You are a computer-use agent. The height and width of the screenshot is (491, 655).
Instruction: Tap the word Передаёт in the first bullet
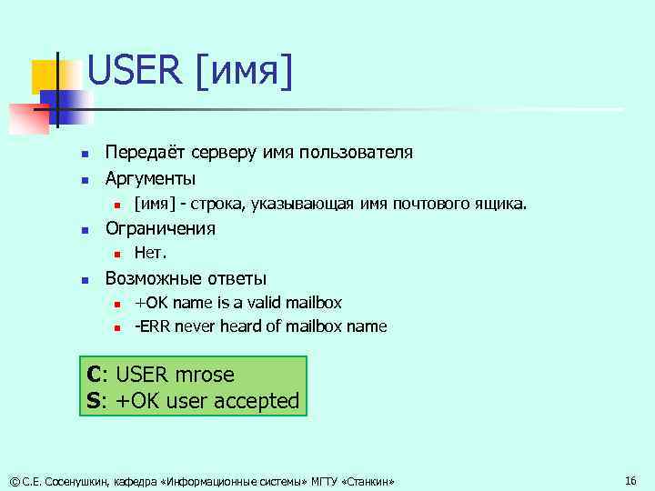click(x=145, y=152)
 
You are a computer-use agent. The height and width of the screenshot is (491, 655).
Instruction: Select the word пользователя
click(x=358, y=152)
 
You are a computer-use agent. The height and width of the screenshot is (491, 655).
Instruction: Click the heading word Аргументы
click(x=151, y=177)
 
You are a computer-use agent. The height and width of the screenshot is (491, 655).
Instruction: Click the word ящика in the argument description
click(x=499, y=203)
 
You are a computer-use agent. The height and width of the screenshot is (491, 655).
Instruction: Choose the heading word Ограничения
click(x=161, y=228)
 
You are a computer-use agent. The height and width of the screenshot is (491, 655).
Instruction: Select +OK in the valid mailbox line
click(x=150, y=302)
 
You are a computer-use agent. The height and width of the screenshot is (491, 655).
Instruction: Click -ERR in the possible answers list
click(x=152, y=326)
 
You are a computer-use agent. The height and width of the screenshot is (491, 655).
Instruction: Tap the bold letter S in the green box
click(x=94, y=400)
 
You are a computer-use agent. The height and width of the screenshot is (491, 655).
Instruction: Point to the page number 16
click(x=631, y=479)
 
